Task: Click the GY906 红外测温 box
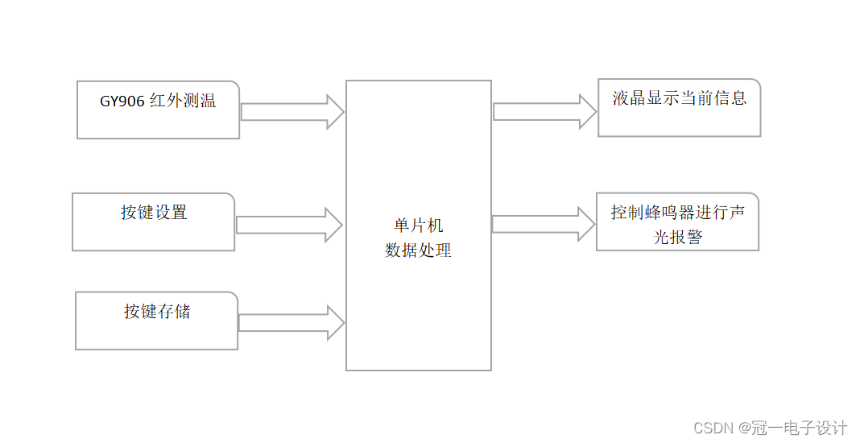(x=159, y=110)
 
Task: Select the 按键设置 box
(x=154, y=221)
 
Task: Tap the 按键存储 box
(x=157, y=321)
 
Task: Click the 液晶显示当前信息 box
(x=679, y=108)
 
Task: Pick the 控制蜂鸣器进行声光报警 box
(x=677, y=221)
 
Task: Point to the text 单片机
(x=419, y=226)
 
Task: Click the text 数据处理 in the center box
(x=419, y=250)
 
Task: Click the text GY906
(x=122, y=102)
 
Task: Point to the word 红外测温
(x=183, y=102)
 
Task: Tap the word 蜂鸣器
(x=669, y=213)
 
